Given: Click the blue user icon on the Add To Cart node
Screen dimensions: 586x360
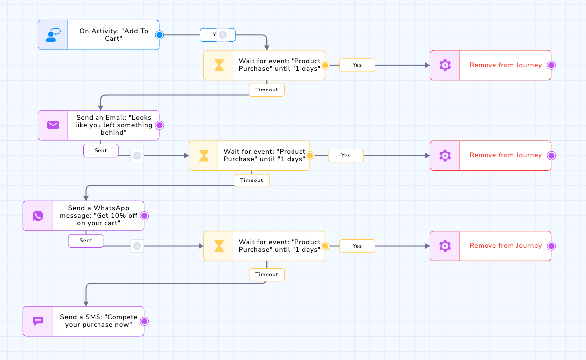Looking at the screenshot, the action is point(52,35).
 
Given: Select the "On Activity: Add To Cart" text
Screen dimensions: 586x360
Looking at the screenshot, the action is point(113,35).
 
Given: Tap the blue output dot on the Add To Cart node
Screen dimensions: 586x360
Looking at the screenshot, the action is point(160,35).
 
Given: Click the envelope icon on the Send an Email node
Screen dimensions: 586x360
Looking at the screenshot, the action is point(53,125).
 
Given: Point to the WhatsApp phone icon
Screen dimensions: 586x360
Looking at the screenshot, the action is point(38,216).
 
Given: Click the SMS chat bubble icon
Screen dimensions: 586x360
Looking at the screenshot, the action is point(38,321).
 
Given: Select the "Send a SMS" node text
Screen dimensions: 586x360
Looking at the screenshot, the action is point(98,321).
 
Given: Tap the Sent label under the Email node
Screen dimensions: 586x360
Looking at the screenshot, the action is point(101,150).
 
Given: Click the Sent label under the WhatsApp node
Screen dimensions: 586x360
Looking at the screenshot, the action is point(86,241).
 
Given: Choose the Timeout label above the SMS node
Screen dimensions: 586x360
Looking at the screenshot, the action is point(267,274).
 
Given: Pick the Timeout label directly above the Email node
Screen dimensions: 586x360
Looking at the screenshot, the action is point(267,90).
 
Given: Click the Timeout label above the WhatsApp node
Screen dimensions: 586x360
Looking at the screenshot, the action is point(252,180).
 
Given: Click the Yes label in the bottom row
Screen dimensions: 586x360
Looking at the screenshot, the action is point(357,246).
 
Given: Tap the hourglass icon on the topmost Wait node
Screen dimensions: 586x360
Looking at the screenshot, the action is point(219,65).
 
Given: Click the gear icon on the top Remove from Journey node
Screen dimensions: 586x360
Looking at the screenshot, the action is point(445,65).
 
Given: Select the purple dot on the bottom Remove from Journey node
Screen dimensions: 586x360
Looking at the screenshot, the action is point(551,246).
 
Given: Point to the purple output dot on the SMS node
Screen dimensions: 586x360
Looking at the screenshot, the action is point(145,321).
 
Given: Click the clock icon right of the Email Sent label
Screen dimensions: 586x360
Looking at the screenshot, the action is point(137,155).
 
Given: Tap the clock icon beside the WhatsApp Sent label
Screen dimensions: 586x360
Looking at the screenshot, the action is point(137,246).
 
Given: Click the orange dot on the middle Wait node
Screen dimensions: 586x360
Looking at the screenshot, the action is point(310,155).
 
